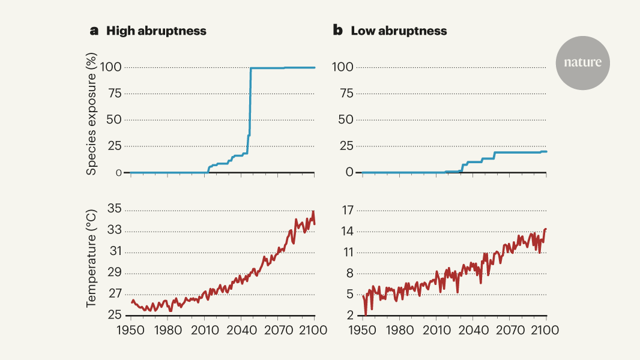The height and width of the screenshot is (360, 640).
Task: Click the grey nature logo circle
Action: pos(582,63)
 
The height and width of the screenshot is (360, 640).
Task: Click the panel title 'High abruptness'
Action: pos(156,31)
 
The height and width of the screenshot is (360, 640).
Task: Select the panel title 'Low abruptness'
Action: pos(399,31)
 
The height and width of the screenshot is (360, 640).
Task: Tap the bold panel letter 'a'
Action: pos(94,31)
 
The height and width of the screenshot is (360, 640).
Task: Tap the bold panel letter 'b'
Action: pos(338,31)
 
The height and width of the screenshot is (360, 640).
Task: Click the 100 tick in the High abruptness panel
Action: pos(110,67)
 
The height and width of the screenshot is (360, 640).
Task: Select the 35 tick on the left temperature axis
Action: pos(114,209)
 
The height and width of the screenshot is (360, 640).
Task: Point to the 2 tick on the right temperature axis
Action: pos(349,316)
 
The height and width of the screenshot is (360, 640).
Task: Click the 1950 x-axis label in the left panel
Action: pos(130,331)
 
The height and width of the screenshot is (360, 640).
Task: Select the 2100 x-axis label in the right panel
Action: pos(546,331)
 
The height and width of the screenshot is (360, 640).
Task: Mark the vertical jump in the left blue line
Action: pos(250,108)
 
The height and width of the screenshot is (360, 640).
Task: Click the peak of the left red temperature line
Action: pos(313,212)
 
